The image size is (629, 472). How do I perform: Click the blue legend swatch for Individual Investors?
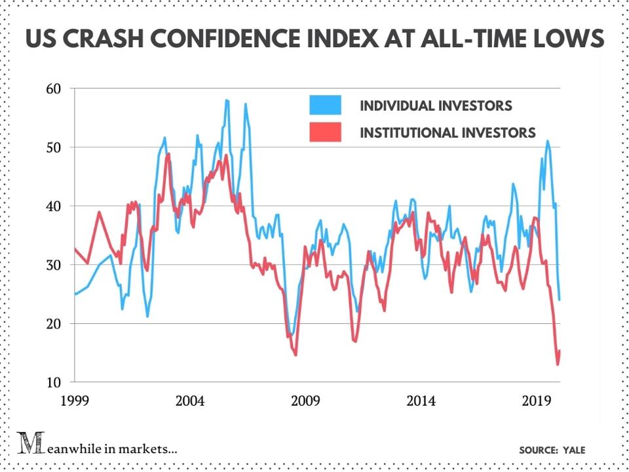(x=326, y=105)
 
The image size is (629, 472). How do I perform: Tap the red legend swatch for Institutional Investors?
(x=326, y=132)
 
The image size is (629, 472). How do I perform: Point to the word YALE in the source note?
(x=573, y=450)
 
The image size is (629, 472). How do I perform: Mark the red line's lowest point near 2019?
(x=558, y=364)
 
